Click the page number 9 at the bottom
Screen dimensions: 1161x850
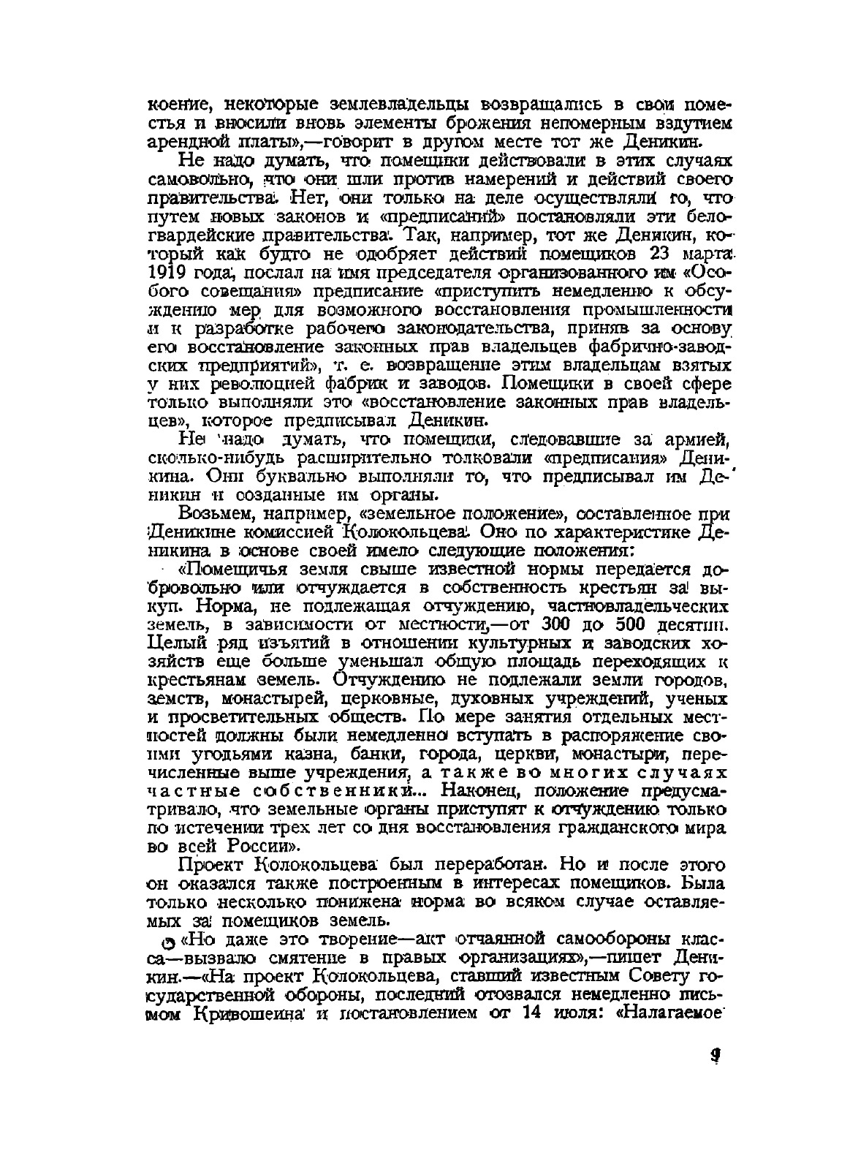716,1056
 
